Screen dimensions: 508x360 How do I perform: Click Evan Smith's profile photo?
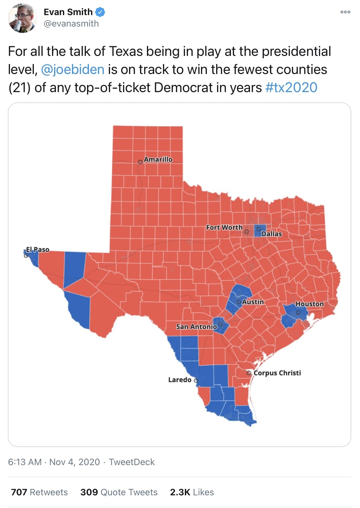(x=22, y=18)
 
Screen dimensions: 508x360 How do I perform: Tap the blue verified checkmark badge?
(x=100, y=12)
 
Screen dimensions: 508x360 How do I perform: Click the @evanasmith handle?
(x=71, y=24)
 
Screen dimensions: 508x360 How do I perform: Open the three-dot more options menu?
(x=345, y=12)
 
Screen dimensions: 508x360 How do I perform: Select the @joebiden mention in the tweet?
(x=73, y=69)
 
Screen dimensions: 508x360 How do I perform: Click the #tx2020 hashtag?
(x=291, y=88)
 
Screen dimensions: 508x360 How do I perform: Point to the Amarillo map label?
(x=158, y=159)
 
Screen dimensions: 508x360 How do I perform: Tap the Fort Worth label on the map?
(x=224, y=227)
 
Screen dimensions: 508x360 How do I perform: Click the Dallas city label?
(x=271, y=234)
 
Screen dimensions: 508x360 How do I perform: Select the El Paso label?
(x=37, y=249)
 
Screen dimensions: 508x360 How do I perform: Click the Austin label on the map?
(x=253, y=302)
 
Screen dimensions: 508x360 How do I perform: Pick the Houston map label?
(x=310, y=304)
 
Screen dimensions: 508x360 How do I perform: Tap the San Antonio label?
(x=196, y=326)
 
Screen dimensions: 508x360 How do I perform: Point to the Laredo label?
(x=180, y=380)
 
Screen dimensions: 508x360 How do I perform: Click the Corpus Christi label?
(x=277, y=373)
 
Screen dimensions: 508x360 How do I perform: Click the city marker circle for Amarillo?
(x=140, y=162)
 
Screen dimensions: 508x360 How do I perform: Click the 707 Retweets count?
(x=39, y=492)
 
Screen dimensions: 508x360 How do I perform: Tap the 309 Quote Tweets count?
(x=119, y=492)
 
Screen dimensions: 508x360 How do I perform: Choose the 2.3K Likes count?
(x=192, y=492)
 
